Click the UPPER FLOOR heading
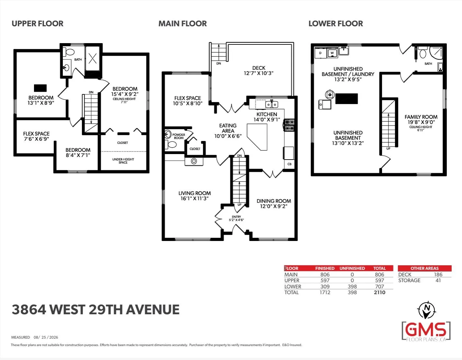[x=37, y=24]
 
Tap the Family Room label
[x=421, y=117]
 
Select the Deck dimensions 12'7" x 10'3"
[x=259, y=73]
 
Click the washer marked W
[x=332, y=53]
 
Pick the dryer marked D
[x=320, y=53]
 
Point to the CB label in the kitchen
[x=289, y=164]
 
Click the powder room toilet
[x=171, y=144]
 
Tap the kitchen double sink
[x=271, y=104]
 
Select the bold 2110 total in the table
[x=379, y=292]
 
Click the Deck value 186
[x=438, y=274]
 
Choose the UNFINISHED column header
[x=352, y=268]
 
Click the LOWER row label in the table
[x=293, y=287]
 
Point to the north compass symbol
[x=426, y=310]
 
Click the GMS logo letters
[x=426, y=330]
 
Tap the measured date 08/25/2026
[x=46, y=337]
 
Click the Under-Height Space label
[x=123, y=161]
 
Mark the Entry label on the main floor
[x=236, y=217]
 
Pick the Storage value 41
[x=438, y=281]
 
